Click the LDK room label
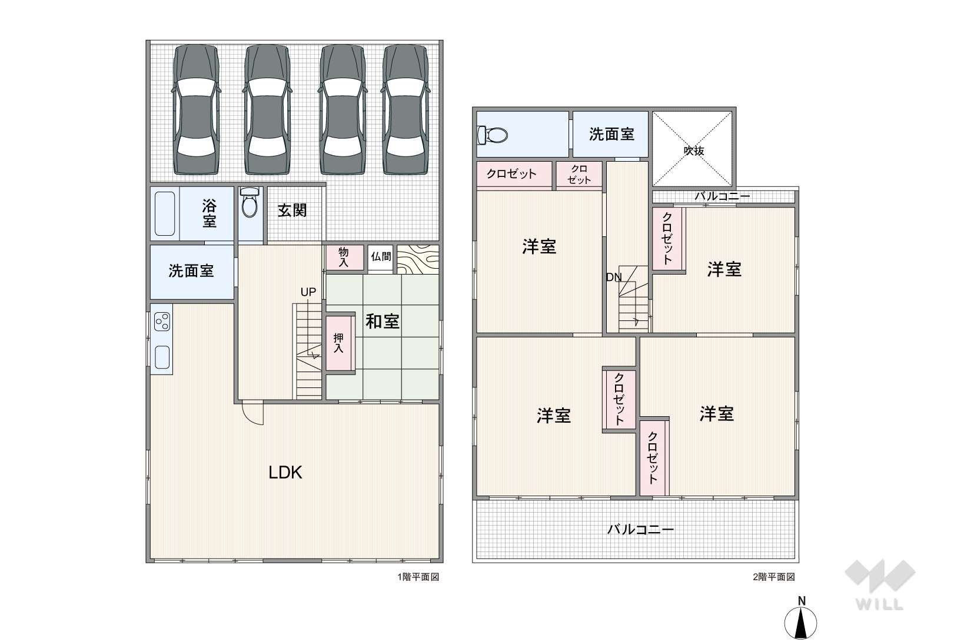pos(285,473)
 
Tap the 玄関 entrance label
pos(292,210)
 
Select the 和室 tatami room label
pos(383,322)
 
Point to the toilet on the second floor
pos(493,135)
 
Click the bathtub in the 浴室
pos(165,214)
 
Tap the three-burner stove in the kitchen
pos(162,322)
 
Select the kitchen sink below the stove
pos(162,357)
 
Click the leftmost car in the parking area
pos(196,110)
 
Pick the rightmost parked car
pos(405,110)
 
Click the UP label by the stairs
pos(308,292)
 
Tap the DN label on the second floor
pos(614,277)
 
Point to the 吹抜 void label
pos(694,151)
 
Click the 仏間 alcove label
pos(381,257)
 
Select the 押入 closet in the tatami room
pos(338,343)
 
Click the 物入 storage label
pos(343,257)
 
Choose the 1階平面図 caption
pos(418,577)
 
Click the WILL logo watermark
pos(880,584)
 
